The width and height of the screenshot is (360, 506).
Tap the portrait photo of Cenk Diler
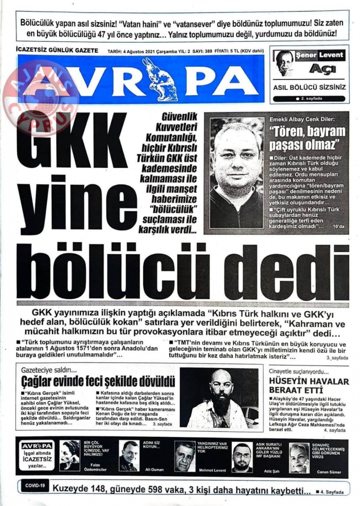pyautogui.click(x=236, y=173)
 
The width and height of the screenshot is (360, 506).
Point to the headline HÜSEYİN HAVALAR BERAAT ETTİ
pyautogui.click(x=309, y=385)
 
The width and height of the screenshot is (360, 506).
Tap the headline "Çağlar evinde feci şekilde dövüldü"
pyautogui.click(x=98, y=381)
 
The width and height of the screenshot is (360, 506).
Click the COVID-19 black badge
pyautogui.click(x=35, y=486)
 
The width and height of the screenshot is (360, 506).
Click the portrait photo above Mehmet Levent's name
pyautogui.click(x=185, y=456)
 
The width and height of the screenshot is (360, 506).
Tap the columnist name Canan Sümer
pyautogui.click(x=328, y=472)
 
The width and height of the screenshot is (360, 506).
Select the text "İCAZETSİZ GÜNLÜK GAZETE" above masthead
pyautogui.click(x=57, y=51)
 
